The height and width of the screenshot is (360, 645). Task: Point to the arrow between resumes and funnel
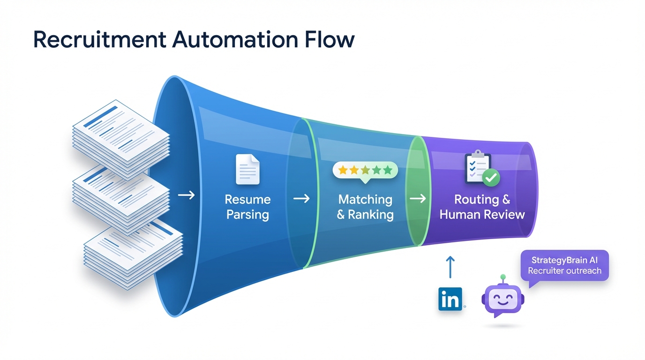point(186,195)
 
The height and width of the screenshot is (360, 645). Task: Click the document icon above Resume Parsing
point(247,170)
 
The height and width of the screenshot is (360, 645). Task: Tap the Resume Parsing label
point(247,207)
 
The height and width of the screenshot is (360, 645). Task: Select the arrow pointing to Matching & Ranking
point(301,199)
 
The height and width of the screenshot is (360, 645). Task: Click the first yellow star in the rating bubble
point(343,170)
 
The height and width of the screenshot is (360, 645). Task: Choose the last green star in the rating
point(388,170)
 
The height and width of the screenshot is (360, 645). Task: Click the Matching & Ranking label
point(365,207)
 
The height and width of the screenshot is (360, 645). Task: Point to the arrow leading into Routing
point(418,199)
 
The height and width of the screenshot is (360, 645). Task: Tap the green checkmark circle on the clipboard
point(491,178)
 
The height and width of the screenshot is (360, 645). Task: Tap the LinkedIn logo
point(450,299)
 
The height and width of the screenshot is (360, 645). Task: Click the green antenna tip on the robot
point(503,277)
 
